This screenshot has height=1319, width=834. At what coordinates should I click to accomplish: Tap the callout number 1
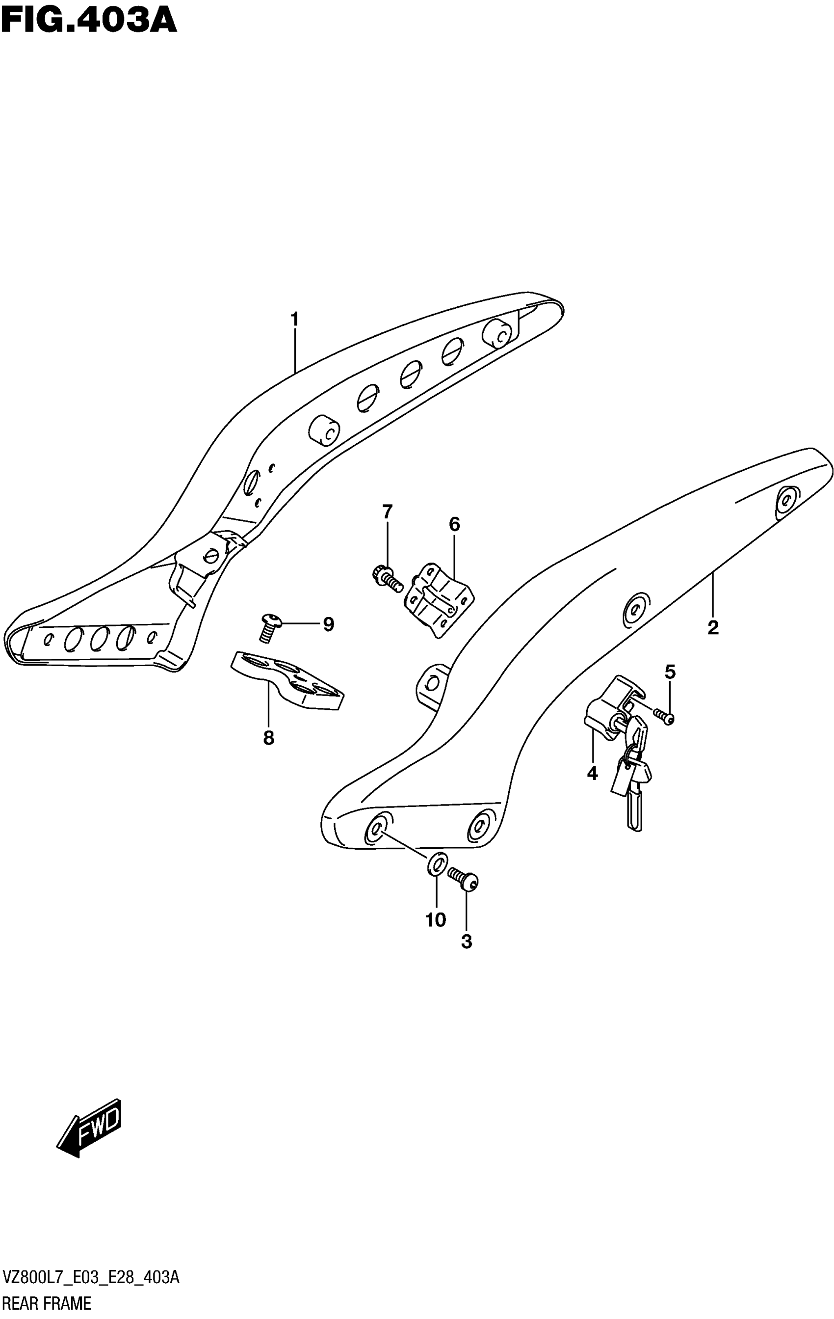click(295, 319)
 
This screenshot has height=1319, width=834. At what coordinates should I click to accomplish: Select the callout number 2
click(712, 628)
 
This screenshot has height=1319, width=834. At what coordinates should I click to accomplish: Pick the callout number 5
click(670, 672)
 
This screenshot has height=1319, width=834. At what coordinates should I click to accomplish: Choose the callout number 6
click(454, 524)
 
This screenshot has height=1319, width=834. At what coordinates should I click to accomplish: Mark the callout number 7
click(387, 512)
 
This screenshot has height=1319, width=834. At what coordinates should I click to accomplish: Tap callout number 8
click(268, 738)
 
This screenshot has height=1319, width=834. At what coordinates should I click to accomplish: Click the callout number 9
click(329, 624)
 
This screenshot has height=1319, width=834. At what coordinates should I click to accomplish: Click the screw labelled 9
click(270, 627)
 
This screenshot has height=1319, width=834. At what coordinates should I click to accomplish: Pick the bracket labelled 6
click(439, 599)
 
